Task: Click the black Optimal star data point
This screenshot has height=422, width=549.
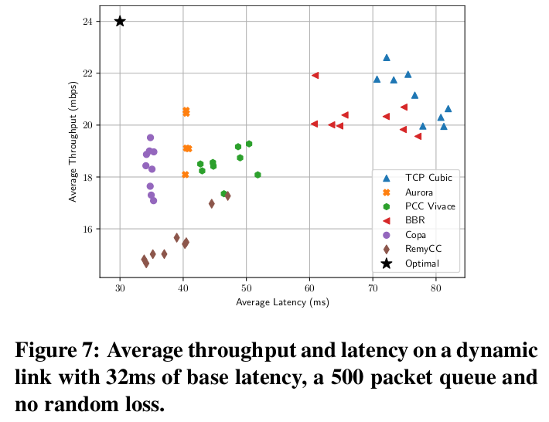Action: (120, 21)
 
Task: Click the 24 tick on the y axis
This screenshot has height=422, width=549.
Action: (87, 21)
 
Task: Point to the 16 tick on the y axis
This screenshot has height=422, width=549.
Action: (87, 229)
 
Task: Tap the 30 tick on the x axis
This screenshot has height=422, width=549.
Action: (120, 289)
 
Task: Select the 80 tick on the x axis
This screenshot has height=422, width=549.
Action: (436, 289)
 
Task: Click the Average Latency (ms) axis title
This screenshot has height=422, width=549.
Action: (282, 303)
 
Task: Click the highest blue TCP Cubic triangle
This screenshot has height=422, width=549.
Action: (387, 57)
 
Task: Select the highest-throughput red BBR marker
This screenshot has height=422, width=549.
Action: (315, 75)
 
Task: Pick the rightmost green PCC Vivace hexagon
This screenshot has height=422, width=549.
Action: (257, 175)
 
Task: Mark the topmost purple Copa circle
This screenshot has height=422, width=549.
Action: (150, 138)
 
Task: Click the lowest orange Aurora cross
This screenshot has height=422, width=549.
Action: (186, 175)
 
